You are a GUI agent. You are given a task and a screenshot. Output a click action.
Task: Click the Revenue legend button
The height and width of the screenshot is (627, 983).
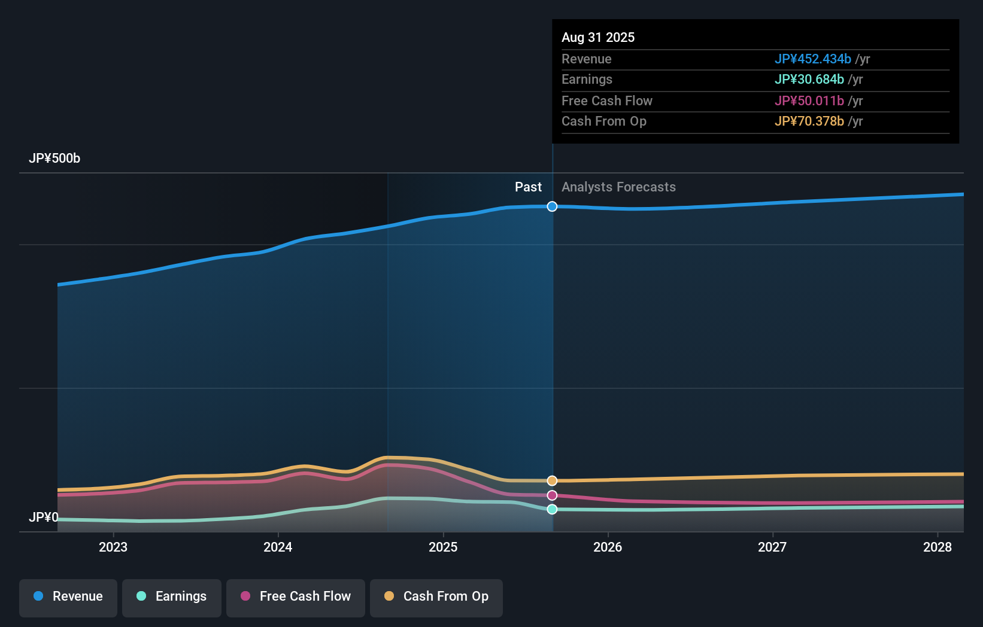(x=68, y=596)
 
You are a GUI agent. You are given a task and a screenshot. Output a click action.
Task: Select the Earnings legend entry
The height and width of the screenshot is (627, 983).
(x=172, y=596)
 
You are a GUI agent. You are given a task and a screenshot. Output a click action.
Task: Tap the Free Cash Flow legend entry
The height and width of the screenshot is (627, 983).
(x=296, y=596)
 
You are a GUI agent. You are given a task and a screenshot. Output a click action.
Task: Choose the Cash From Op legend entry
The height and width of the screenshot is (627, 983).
(x=436, y=596)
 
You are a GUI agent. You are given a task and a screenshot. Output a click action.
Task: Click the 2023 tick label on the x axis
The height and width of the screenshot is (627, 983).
(x=113, y=547)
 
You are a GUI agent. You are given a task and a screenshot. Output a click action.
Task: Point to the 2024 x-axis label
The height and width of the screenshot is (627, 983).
(x=278, y=547)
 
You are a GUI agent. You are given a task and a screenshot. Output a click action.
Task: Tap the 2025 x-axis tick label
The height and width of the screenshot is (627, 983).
(x=443, y=547)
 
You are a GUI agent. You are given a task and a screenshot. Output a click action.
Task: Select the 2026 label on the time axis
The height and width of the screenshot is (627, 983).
(x=608, y=547)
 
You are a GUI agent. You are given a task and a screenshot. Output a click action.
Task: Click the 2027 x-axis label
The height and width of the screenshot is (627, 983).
(x=772, y=547)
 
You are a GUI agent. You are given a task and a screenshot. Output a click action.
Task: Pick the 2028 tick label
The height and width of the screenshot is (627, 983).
(x=938, y=547)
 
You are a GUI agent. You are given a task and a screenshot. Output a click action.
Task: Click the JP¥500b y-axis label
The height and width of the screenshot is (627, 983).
(x=54, y=159)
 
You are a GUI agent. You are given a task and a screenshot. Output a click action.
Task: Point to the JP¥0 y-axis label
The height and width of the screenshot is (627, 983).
(x=44, y=518)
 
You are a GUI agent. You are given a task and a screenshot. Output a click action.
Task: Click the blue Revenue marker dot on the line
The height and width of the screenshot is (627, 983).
(x=552, y=206)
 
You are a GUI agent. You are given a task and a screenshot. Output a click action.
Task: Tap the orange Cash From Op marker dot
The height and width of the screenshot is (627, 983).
(x=552, y=481)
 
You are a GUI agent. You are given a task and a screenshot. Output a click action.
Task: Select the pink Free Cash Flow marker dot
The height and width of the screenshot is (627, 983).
(x=552, y=495)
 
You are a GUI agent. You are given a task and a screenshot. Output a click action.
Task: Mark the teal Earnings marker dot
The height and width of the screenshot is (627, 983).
(x=552, y=509)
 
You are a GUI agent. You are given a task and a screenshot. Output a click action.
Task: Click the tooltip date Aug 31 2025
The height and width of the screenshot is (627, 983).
(x=598, y=38)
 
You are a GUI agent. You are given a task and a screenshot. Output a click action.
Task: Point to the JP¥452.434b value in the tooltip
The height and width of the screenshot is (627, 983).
(x=812, y=59)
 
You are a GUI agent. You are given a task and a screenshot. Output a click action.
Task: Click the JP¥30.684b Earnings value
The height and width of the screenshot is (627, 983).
(x=809, y=80)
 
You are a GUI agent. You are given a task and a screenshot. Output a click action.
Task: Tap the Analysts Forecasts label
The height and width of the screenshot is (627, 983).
(x=618, y=187)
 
